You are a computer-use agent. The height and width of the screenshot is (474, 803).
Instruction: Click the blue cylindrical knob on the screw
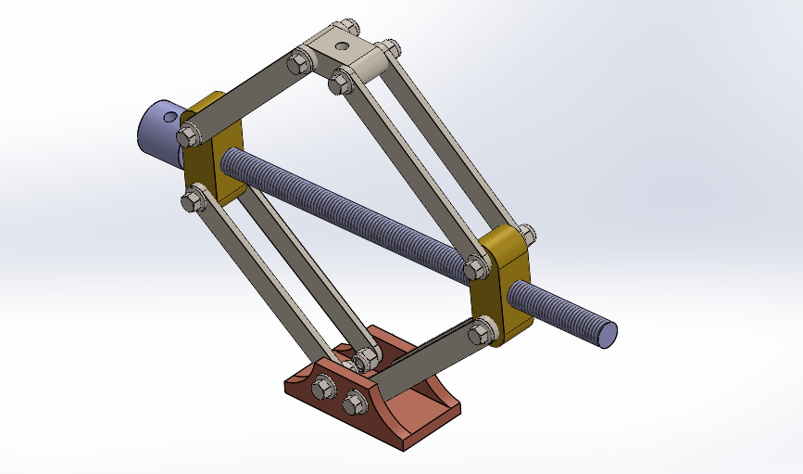(157, 133)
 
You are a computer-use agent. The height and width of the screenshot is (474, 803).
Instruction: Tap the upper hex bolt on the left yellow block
(189, 135)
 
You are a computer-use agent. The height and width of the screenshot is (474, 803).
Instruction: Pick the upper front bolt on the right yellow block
(475, 269)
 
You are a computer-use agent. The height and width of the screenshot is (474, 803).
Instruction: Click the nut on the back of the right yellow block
(526, 233)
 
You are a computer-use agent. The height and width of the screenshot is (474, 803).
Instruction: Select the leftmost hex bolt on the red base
(324, 389)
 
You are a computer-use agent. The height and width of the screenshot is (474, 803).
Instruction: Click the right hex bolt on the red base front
(353, 403)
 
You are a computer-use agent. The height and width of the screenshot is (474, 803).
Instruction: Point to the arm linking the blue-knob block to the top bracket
(245, 96)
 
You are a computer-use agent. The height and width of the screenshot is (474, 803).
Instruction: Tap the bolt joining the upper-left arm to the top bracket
(298, 64)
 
